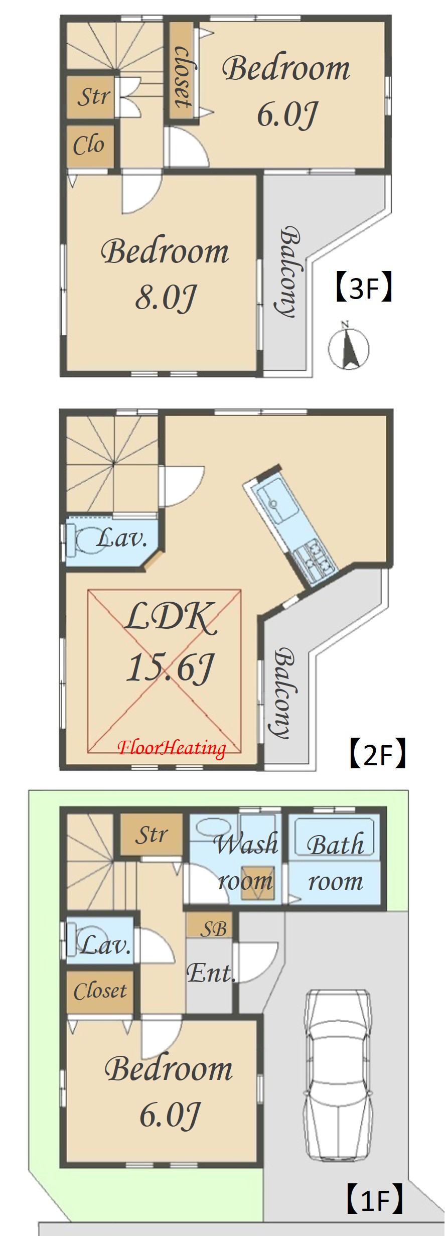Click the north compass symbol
click(349, 346)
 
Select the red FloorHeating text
click(172, 748)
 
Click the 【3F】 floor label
click(363, 288)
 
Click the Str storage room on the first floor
click(151, 835)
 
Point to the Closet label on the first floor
click(100, 991)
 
